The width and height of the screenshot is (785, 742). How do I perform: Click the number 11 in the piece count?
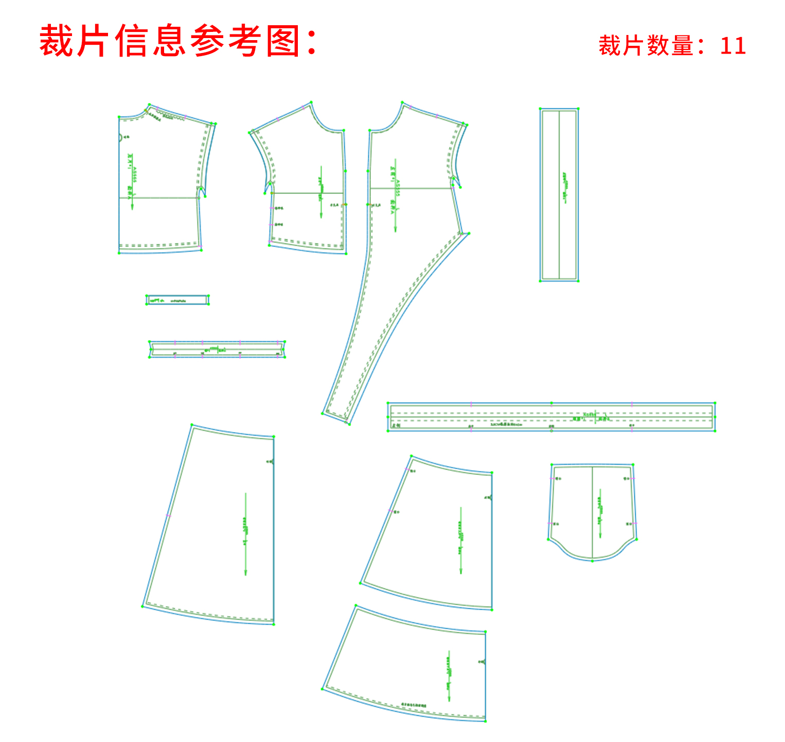click(x=733, y=46)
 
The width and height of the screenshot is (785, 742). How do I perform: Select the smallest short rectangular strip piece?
click(x=177, y=300)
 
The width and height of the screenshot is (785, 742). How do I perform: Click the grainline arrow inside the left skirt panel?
click(x=245, y=535)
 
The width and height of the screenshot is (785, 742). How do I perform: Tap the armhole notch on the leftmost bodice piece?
click(x=202, y=191)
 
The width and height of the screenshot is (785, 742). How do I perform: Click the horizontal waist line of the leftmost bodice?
click(x=159, y=197)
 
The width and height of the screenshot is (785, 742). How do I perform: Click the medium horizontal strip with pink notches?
click(x=217, y=349)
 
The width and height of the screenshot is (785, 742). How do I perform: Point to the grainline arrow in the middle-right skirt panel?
click(x=460, y=540)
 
